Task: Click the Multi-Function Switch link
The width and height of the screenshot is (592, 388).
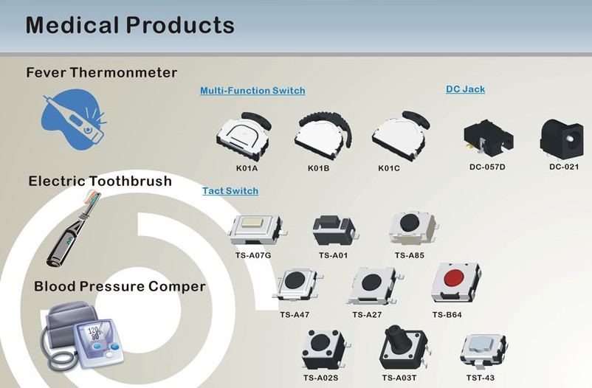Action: click(x=252, y=91)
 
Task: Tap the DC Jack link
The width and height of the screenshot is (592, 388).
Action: click(x=466, y=89)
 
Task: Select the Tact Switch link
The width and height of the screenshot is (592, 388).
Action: click(x=230, y=191)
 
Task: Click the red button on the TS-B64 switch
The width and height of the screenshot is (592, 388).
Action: click(x=454, y=278)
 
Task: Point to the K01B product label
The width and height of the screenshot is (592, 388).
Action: click(x=318, y=168)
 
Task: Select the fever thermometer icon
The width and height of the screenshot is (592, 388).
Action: click(x=74, y=119)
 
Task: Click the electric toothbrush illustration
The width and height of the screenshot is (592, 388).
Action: click(x=74, y=229)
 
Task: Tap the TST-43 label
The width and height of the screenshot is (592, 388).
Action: click(x=481, y=378)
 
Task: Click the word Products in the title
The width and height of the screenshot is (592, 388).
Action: click(x=180, y=25)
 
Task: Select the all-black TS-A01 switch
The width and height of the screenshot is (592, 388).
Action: click(x=334, y=229)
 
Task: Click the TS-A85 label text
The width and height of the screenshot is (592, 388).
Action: click(x=409, y=255)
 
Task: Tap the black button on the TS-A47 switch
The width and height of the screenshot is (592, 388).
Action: click(x=295, y=281)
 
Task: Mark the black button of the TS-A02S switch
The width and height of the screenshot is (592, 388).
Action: click(x=321, y=342)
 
